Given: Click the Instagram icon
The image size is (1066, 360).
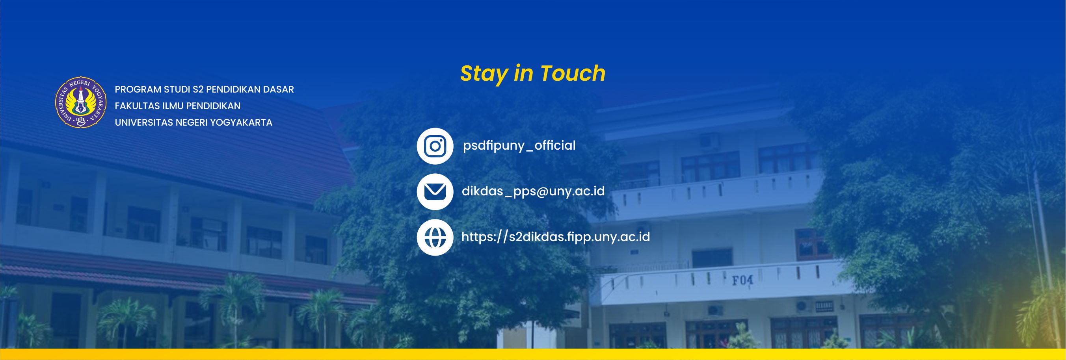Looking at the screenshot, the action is click(x=435, y=146).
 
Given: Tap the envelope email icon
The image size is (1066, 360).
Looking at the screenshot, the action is click(x=435, y=191).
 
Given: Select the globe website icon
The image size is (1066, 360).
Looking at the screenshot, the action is click(x=435, y=238).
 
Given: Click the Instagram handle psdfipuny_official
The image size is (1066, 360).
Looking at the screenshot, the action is click(x=519, y=146).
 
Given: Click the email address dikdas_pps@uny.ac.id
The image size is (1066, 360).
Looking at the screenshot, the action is click(x=533, y=191).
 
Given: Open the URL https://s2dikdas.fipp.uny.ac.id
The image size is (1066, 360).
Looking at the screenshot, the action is click(x=555, y=237).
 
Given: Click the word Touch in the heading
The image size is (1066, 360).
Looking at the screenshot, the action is click(x=573, y=73).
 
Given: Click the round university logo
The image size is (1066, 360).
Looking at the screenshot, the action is click(x=81, y=102).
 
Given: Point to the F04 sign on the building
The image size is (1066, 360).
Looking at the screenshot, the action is click(x=743, y=280).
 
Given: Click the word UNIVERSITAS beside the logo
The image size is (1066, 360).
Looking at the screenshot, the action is click(x=144, y=122).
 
